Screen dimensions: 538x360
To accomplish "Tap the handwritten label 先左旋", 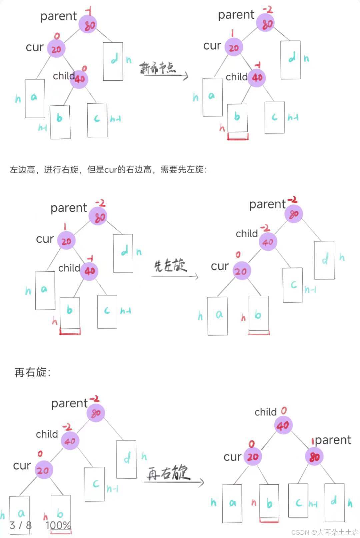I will [x=170, y=266].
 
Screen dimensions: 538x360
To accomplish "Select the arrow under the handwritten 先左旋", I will [x=175, y=276].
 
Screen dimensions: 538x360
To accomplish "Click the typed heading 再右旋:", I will [x=32, y=372].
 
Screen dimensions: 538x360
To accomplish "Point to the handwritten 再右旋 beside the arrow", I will [x=168, y=473].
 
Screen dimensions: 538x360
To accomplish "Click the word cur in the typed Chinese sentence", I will [x=111, y=170].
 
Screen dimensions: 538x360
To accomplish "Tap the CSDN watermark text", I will [x=325, y=532].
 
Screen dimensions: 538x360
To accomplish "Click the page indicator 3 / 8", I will [x=21, y=526].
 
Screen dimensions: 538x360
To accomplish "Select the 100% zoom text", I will [x=58, y=526].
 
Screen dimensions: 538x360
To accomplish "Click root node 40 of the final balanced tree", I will [x=283, y=425].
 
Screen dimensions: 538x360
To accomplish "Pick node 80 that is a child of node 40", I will [x=314, y=457].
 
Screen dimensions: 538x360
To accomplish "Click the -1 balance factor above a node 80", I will [x=89, y=11].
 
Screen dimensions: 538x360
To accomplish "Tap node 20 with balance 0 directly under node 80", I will [x=56, y=49].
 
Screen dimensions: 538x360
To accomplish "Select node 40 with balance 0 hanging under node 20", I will [x=79, y=79].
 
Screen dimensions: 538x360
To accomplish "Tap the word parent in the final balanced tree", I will [x=333, y=440].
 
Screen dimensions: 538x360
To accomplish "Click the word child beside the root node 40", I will [x=265, y=412].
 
